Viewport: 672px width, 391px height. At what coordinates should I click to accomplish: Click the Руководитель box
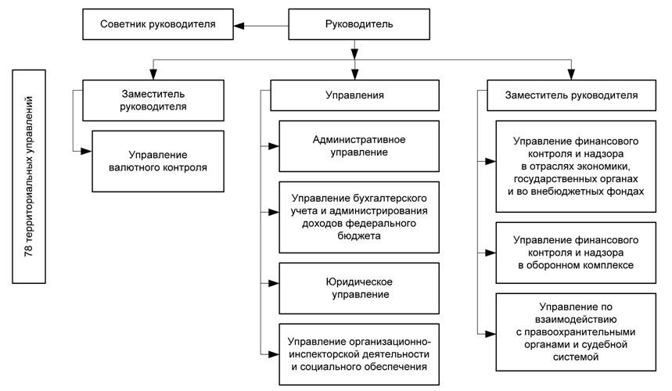tap(359, 24)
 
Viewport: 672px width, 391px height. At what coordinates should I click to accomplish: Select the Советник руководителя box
tap(158, 24)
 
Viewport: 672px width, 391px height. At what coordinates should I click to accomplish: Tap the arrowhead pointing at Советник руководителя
tap(239, 26)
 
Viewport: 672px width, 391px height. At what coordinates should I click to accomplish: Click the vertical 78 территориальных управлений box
tap(29, 177)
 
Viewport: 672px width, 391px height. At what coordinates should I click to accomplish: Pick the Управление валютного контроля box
tap(158, 161)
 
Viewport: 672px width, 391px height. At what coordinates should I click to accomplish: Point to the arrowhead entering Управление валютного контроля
tap(87, 151)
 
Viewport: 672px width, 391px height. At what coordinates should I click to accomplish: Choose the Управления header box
tap(354, 95)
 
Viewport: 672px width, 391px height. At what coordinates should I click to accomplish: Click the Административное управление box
tap(359, 146)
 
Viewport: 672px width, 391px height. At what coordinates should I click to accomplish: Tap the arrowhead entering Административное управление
tap(274, 146)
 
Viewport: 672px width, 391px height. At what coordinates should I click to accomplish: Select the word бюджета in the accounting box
tap(359, 236)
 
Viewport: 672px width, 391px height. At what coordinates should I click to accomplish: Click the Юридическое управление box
tap(359, 289)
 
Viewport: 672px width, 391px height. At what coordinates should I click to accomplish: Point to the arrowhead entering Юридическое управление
tap(274, 283)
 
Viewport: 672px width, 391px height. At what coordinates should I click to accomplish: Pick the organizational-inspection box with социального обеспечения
tap(359, 354)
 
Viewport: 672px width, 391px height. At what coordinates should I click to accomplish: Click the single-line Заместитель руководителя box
tap(571, 95)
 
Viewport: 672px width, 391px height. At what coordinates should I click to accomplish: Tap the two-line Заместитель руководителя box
tap(153, 100)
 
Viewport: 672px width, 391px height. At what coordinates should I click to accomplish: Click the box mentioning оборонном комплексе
tap(576, 253)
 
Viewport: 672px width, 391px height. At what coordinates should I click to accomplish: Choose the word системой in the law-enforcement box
tap(576, 357)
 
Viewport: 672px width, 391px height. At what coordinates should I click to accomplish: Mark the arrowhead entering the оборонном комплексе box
tap(491, 253)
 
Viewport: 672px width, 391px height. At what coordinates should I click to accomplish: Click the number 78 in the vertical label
tap(29, 251)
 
